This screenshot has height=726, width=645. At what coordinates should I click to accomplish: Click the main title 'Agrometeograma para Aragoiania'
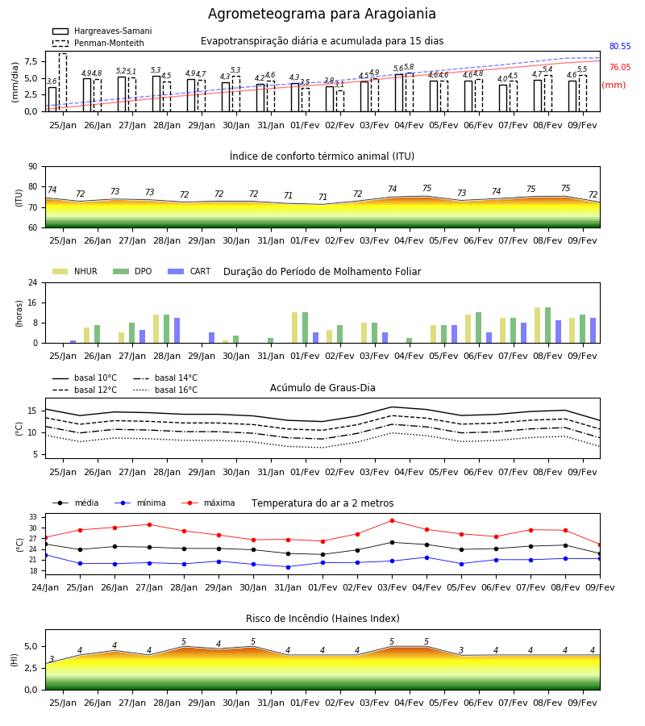(322, 14)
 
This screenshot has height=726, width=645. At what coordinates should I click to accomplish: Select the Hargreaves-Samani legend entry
(102, 31)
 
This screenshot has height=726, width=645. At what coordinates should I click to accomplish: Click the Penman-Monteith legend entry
(98, 43)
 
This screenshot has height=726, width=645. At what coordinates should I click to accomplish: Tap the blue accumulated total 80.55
(620, 46)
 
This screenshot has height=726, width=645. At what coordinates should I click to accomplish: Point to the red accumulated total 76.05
(620, 67)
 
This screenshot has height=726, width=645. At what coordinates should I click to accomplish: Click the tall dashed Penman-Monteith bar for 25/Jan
(63, 82)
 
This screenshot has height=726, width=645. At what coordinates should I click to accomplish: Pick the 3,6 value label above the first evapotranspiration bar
(52, 81)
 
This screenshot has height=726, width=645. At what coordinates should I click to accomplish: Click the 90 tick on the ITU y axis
(33, 167)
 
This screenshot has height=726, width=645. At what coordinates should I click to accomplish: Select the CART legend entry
(189, 271)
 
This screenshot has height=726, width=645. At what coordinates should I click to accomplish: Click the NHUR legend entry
(75, 271)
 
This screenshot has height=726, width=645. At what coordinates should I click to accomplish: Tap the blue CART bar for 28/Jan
(177, 331)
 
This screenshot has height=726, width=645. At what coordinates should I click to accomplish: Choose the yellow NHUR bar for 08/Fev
(537, 326)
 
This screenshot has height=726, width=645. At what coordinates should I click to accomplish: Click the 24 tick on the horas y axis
(33, 282)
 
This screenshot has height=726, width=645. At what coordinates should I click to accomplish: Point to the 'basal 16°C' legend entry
(165, 390)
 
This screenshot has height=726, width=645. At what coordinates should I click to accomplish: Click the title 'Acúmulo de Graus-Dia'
(322, 388)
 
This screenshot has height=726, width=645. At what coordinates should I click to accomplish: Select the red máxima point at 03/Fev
(393, 521)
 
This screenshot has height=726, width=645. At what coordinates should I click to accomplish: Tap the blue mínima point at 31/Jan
(289, 567)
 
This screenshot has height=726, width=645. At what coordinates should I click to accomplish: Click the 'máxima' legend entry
(208, 503)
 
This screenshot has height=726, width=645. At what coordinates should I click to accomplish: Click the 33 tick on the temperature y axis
(33, 517)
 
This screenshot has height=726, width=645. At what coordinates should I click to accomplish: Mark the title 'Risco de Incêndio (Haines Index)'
(322, 619)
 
